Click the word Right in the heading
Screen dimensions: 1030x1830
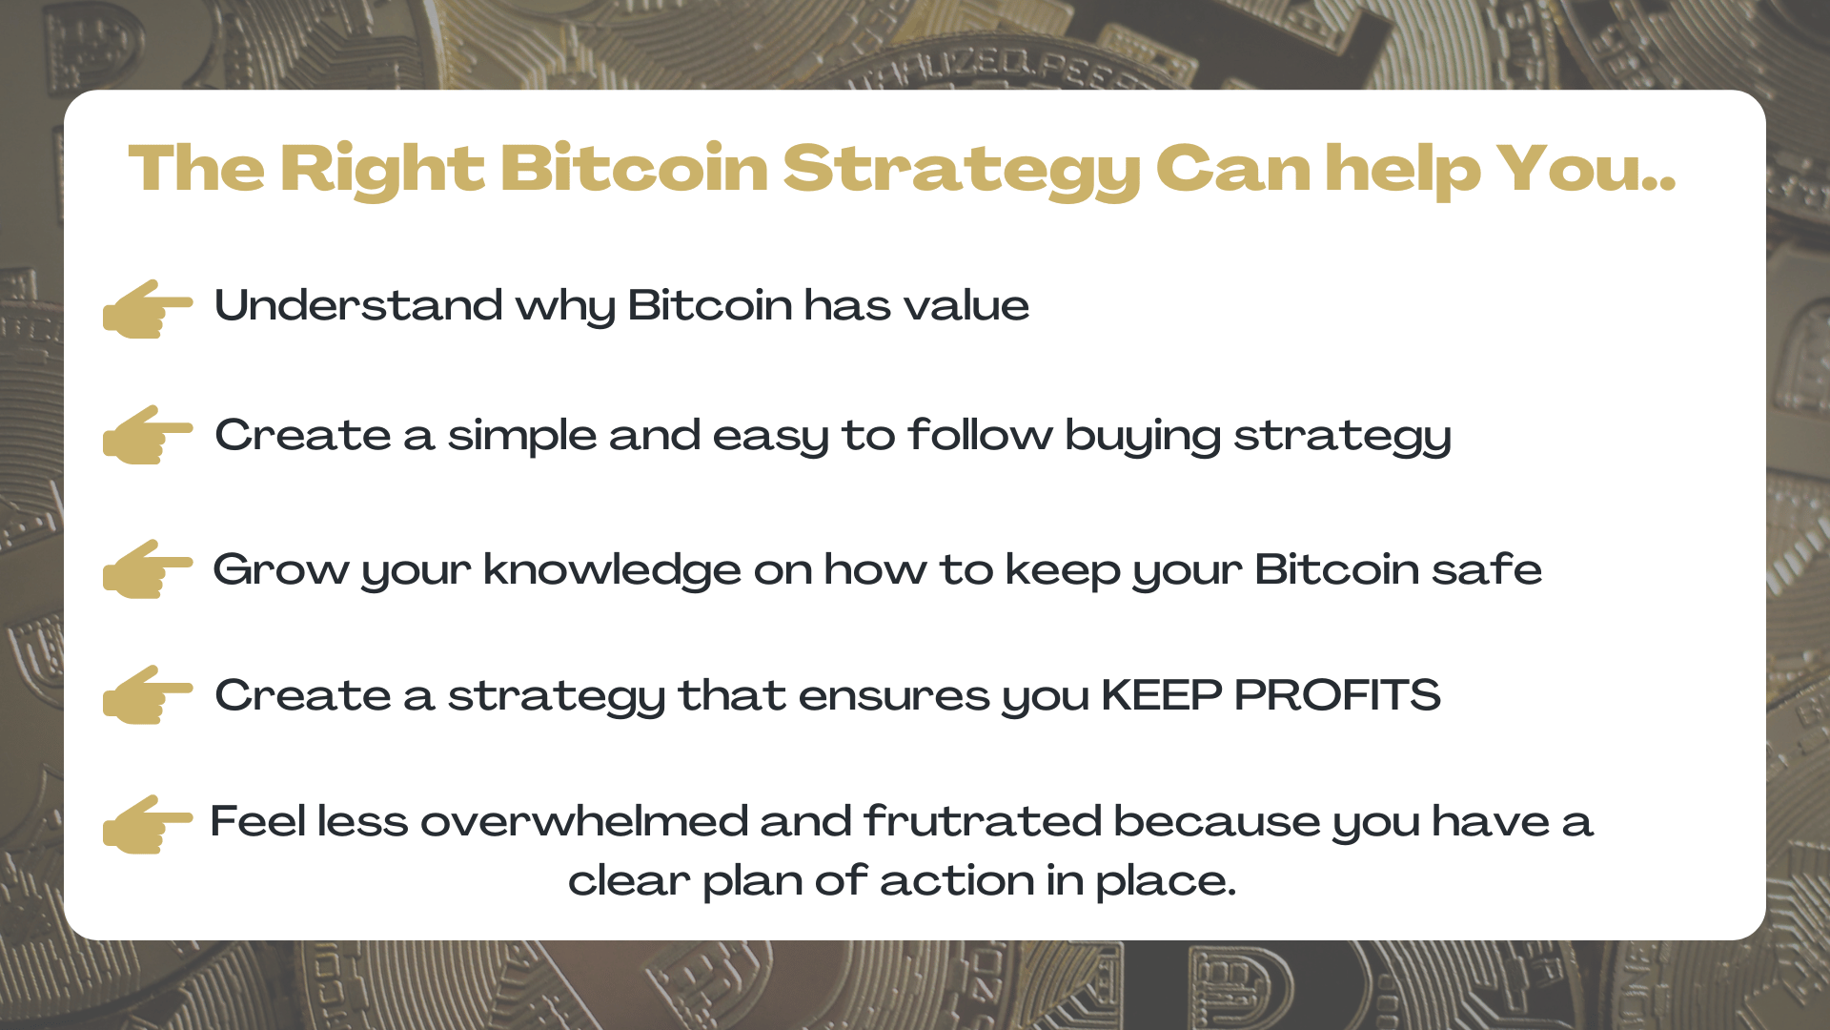pyautogui.click(x=382, y=170)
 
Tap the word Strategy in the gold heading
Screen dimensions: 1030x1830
pyautogui.click(x=961, y=170)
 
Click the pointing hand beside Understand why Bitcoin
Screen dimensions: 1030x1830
pyautogui.click(x=147, y=308)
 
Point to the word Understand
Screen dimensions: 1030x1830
pyautogui.click(x=358, y=306)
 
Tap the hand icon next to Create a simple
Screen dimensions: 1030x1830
pyautogui.click(x=147, y=435)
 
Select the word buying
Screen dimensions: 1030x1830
pyautogui.click(x=1143, y=436)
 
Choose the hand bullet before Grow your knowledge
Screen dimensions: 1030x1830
pyautogui.click(x=147, y=569)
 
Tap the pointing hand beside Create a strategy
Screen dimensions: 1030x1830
pyautogui.click(x=147, y=695)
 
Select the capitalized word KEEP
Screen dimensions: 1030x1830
pyautogui.click(x=1161, y=695)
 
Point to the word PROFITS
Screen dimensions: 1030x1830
pyautogui.click(x=1337, y=695)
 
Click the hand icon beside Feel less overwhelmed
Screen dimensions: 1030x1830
pyautogui.click(x=147, y=824)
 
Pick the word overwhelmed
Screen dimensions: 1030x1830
pyautogui.click(x=583, y=822)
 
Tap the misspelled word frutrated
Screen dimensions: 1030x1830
pyautogui.click(x=983, y=822)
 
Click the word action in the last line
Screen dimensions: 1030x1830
pyautogui.click(x=957, y=880)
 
